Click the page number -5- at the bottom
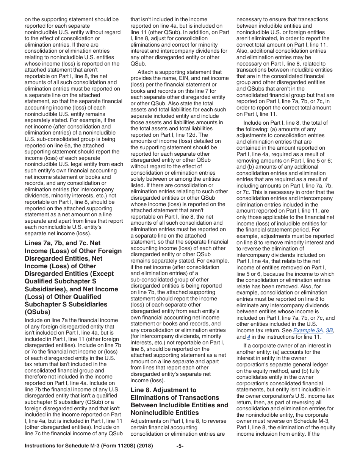click(180, 446)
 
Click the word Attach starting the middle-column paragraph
click(146, 72)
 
